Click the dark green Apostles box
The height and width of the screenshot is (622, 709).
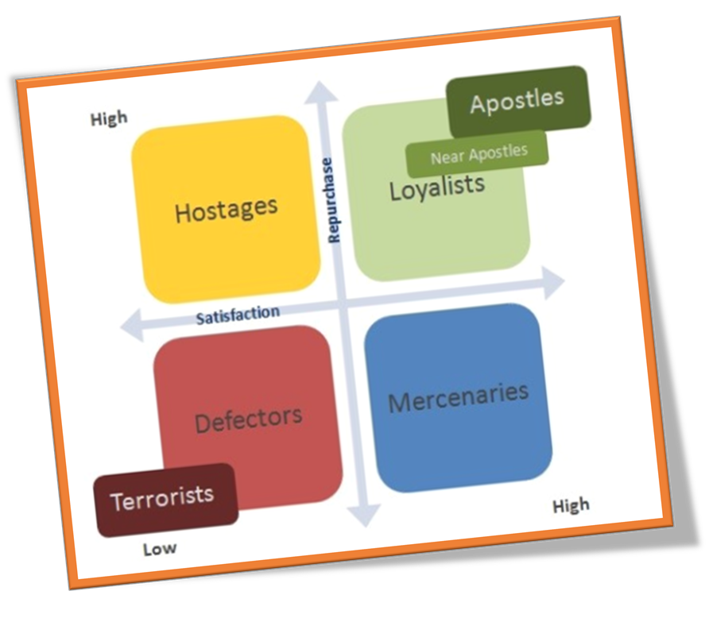tap(517, 101)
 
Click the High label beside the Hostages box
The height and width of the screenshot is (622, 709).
tap(109, 119)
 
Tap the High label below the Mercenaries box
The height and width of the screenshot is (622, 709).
tap(571, 505)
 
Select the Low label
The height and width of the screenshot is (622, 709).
tap(160, 549)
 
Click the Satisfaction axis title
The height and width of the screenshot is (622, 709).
tap(238, 315)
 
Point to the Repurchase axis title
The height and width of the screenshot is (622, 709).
tap(331, 200)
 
